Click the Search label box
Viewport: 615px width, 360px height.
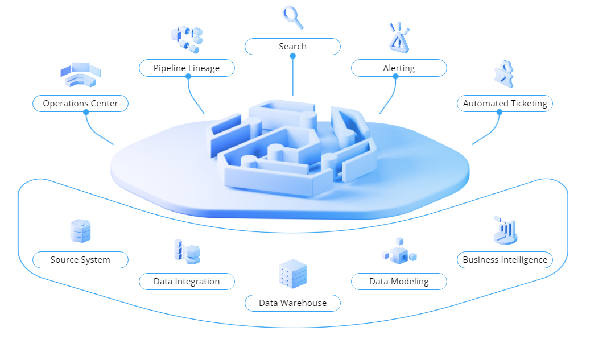pos(292,47)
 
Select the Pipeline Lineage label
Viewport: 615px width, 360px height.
pos(187,68)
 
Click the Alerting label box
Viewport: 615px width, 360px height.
pos(398,68)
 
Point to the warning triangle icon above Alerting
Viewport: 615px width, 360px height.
pos(398,38)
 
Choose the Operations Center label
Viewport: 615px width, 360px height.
pos(80,104)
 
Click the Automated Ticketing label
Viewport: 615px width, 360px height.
pos(505,104)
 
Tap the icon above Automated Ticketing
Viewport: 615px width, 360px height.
pos(504,74)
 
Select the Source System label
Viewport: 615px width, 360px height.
pos(80,260)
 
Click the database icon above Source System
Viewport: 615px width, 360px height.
pos(80,231)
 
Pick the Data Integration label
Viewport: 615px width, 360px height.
pos(187,282)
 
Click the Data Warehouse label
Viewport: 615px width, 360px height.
pos(292,303)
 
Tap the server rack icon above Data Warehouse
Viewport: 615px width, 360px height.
pos(293,274)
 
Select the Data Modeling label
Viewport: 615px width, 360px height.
pos(398,282)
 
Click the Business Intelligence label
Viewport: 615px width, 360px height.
pos(505,260)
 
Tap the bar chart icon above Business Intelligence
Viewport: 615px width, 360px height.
pos(505,230)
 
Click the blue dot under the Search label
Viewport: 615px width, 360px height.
pos(292,55)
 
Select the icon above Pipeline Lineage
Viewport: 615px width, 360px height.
pos(187,39)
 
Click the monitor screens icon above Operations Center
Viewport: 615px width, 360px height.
pos(80,74)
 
